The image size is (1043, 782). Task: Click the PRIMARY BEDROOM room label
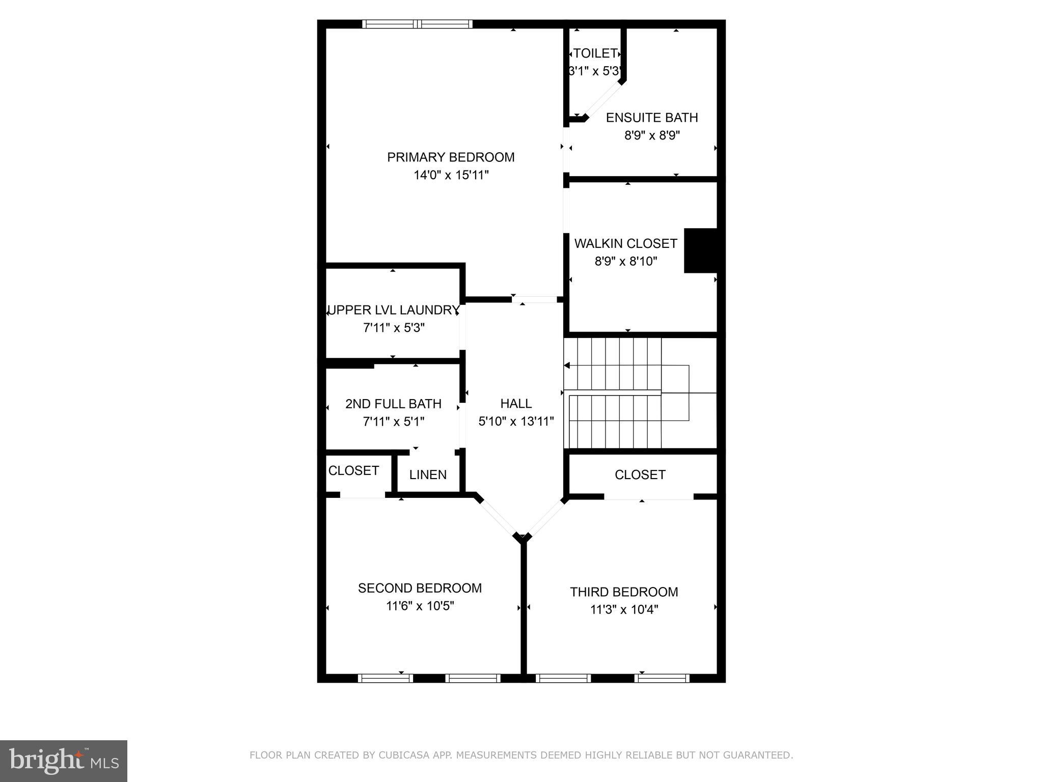pos(451,157)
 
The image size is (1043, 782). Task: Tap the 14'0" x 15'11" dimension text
pos(451,175)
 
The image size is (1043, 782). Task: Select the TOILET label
pos(595,53)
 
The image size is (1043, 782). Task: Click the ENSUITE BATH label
pos(651,118)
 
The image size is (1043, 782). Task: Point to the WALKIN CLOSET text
pos(625,243)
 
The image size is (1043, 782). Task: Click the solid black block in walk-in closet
pos(700,250)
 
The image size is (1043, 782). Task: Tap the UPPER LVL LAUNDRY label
pos(393,310)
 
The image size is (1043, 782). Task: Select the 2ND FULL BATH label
pos(393,404)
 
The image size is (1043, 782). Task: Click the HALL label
pos(516,404)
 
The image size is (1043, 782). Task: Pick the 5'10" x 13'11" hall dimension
pos(516,422)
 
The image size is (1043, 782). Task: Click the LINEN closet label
pos(428,474)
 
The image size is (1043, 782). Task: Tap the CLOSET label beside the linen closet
pos(353,470)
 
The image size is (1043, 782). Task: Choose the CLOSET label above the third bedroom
pos(640,474)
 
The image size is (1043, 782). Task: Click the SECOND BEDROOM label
pos(420,588)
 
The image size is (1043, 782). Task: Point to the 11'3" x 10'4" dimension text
pos(624,610)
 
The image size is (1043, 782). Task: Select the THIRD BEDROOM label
pos(624,592)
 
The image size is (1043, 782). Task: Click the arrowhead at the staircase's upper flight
pos(567,366)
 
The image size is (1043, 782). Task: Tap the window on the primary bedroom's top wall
pos(417,24)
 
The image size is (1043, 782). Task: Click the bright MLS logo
pos(63,761)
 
